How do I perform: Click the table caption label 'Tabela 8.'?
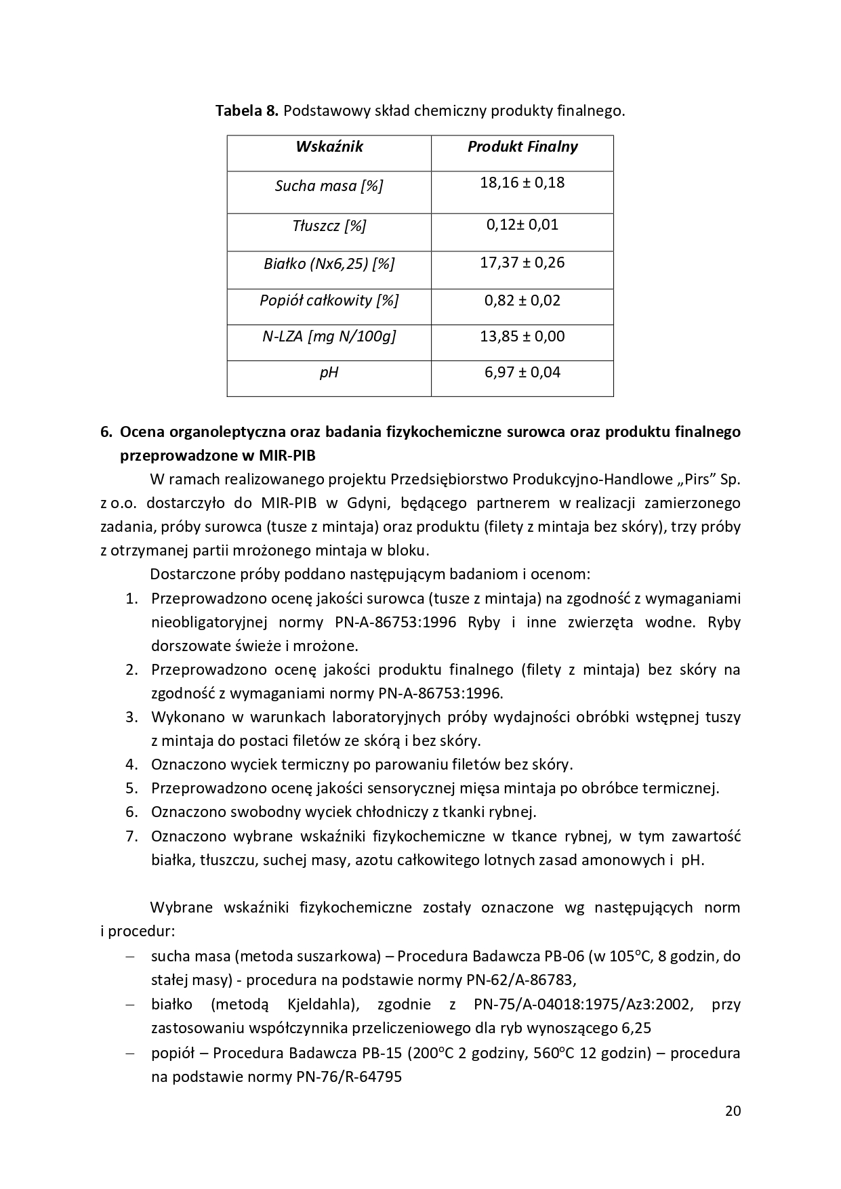(x=247, y=110)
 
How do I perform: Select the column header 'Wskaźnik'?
(x=329, y=147)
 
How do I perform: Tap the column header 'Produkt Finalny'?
(x=522, y=147)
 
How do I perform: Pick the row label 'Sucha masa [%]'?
(x=329, y=186)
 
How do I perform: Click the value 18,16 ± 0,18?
(x=522, y=183)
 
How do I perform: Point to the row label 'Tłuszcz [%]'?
(x=329, y=226)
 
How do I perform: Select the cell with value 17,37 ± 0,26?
(x=522, y=263)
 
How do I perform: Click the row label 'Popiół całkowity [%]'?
(x=329, y=301)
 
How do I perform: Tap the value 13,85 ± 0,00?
(x=522, y=337)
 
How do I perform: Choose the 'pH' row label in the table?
(x=329, y=373)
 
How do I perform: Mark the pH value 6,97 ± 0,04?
(x=522, y=373)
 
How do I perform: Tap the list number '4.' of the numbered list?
(x=131, y=765)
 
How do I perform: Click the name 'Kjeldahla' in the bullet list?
(x=319, y=1005)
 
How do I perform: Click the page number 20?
(x=733, y=1111)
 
